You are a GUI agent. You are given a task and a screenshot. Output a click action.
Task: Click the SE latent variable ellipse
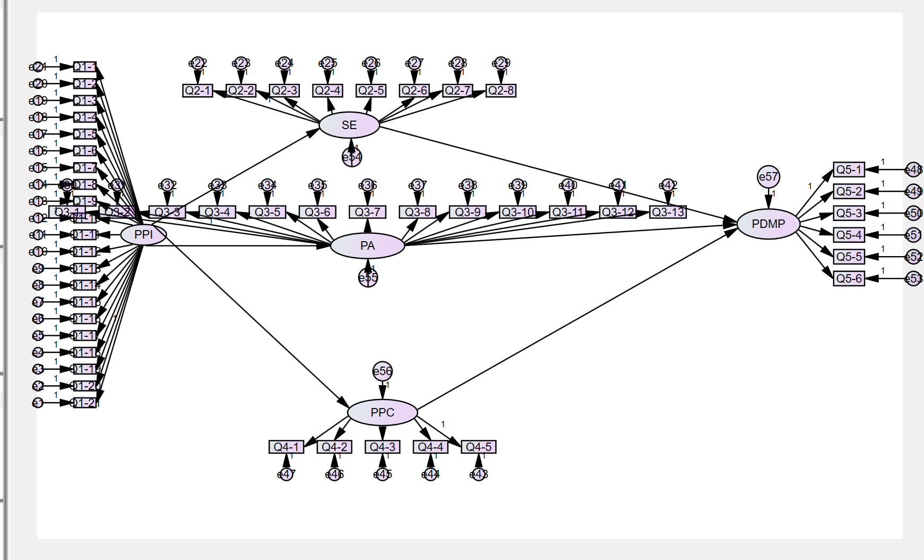(x=349, y=125)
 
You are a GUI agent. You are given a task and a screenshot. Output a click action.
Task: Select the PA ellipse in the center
(x=367, y=246)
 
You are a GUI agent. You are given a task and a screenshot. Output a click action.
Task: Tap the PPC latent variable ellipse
(x=382, y=412)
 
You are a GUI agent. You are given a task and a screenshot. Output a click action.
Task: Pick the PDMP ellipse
(x=768, y=224)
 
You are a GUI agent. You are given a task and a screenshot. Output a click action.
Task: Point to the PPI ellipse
(x=143, y=234)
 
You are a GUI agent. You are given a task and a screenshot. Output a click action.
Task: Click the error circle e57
(x=768, y=177)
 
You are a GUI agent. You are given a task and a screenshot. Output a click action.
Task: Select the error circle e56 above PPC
(x=382, y=371)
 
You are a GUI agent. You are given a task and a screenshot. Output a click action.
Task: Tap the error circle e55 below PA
(x=368, y=277)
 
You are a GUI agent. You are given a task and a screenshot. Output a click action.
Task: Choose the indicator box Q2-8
(x=500, y=91)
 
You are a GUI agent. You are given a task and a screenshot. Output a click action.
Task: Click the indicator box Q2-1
(x=197, y=91)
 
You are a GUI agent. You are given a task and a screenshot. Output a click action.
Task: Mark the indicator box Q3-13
(x=668, y=213)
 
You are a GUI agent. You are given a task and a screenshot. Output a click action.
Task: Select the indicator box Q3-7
(x=367, y=213)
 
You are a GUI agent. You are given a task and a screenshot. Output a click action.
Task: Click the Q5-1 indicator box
(x=849, y=170)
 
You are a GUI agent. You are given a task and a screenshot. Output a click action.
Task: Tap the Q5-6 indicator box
(x=849, y=278)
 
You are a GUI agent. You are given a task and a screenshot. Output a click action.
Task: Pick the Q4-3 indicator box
(x=382, y=447)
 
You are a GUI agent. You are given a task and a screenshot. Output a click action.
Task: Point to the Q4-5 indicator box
(x=478, y=447)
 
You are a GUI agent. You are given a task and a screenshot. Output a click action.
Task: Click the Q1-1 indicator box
(x=85, y=67)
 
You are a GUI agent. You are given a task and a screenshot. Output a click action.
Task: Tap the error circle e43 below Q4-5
(x=479, y=474)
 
